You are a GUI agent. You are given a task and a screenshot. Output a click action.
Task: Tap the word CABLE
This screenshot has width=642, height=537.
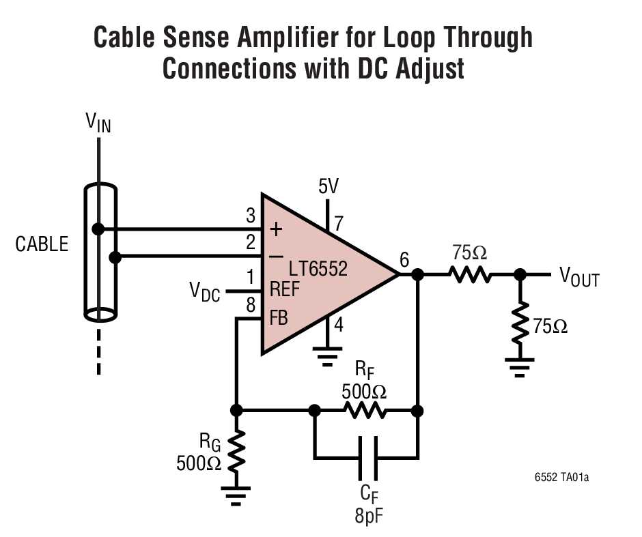coord(42,244)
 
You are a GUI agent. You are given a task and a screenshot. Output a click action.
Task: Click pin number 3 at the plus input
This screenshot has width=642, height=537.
coord(251,218)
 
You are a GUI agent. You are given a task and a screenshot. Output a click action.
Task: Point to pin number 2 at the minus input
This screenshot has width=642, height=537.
coord(251,242)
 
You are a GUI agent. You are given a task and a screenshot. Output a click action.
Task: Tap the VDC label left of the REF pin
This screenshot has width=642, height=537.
coord(205,291)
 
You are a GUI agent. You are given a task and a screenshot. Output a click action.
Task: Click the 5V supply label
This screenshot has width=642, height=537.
coord(329,186)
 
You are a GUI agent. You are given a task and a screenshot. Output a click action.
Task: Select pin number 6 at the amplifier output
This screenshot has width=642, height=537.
coord(404,259)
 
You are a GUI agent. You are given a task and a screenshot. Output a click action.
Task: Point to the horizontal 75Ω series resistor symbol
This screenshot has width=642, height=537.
coord(469,274)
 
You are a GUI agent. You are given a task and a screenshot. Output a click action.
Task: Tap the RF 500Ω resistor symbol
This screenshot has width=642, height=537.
coord(365,411)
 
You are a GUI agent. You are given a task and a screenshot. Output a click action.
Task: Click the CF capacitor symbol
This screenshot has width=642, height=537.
coord(365,456)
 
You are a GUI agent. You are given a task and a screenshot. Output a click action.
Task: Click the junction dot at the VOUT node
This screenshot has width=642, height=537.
coord(520,274)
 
